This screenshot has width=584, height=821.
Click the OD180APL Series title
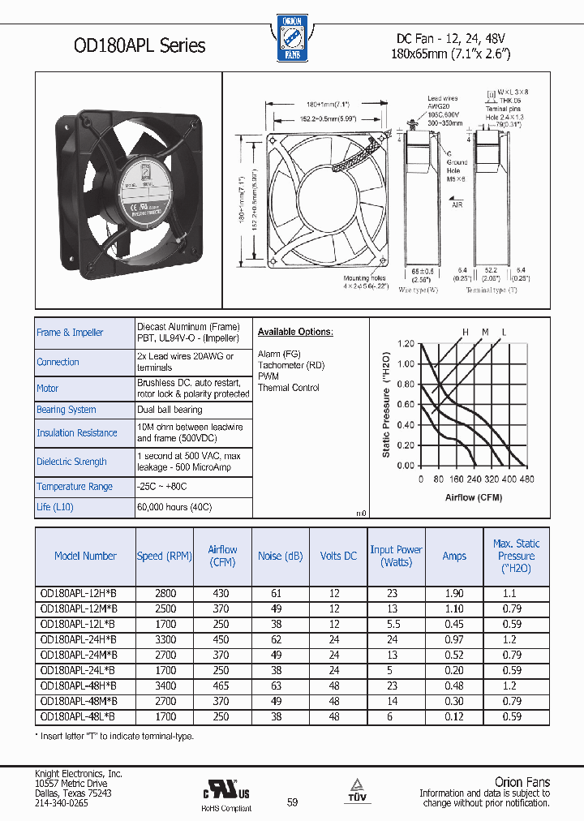click(128, 46)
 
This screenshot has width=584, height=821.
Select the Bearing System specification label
click(67, 410)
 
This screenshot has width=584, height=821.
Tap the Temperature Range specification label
click(74, 486)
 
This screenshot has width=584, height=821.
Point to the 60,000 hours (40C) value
click(174, 507)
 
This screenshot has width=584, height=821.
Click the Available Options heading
click(295, 332)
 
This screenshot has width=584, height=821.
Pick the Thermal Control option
click(289, 388)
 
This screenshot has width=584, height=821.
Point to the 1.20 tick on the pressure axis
click(406, 344)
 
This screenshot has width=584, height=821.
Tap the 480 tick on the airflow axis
click(526, 479)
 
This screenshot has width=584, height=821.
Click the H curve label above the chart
click(466, 332)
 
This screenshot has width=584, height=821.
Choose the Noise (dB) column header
click(281, 556)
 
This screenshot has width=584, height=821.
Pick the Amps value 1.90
click(454, 594)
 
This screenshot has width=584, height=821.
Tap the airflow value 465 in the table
click(221, 686)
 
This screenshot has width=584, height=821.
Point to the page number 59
click(293, 802)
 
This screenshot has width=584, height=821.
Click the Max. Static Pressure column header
click(516, 556)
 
